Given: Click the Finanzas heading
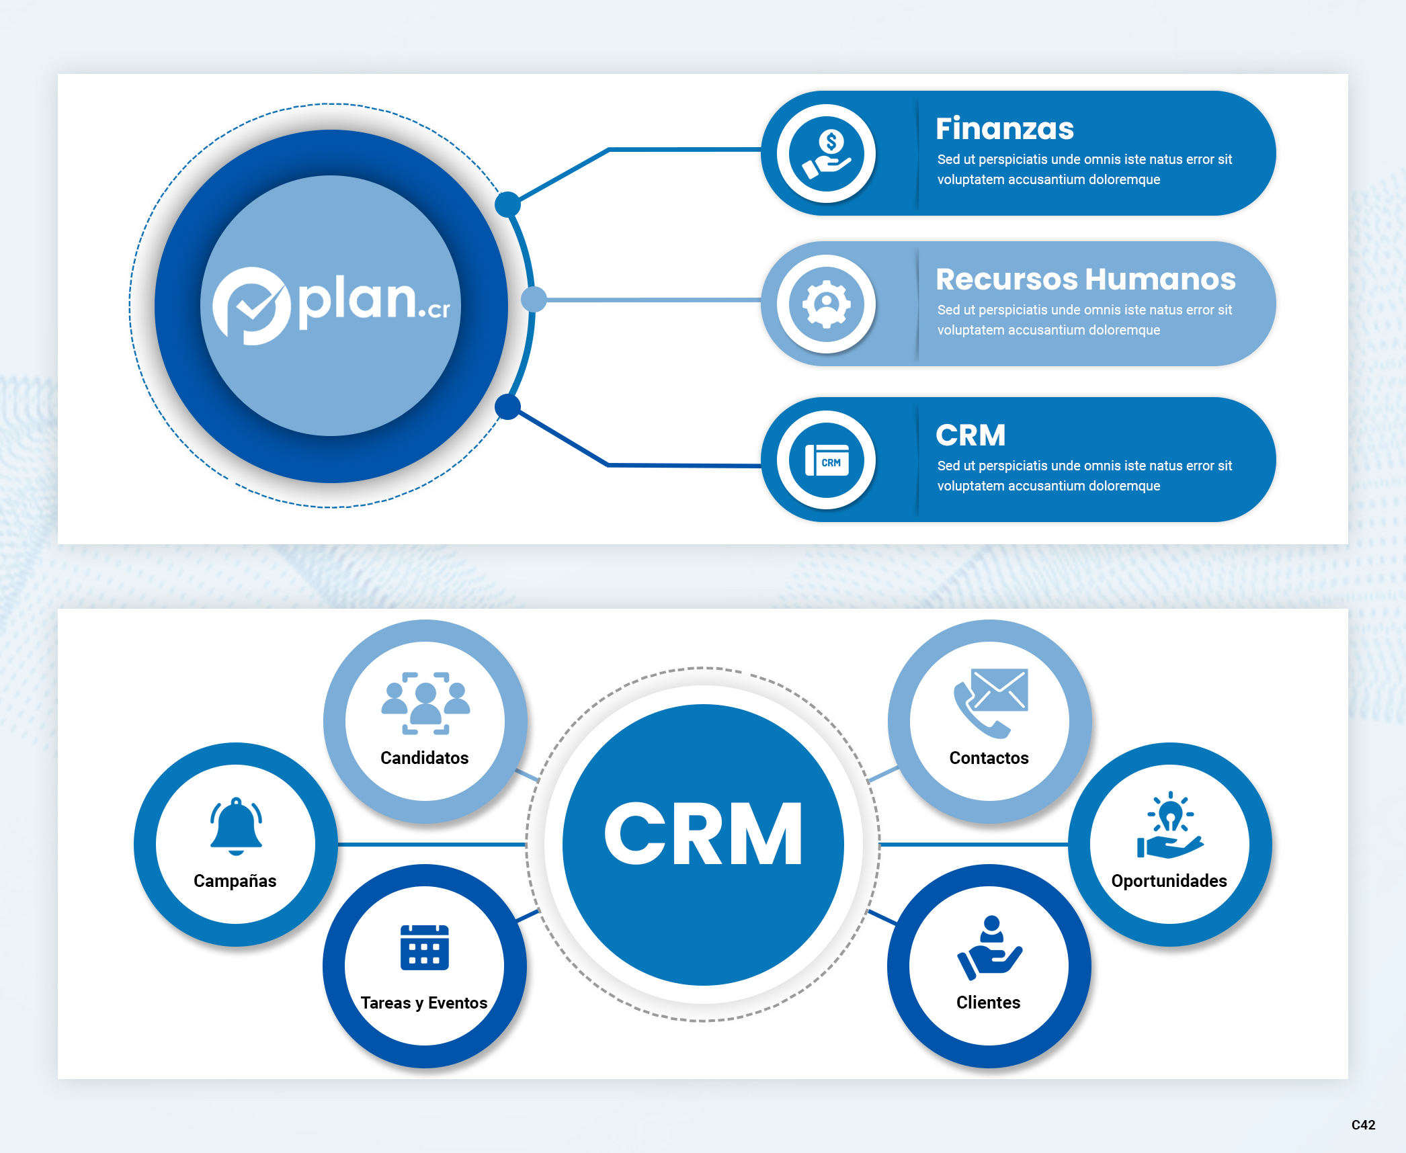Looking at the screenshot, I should pos(1004,128).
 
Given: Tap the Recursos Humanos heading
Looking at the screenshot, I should pos(1085,279).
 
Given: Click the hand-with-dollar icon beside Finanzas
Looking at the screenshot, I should pos(827,154).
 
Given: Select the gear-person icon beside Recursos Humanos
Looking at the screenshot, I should pos(827,304).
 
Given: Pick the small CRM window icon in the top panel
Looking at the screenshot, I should pos(827,460).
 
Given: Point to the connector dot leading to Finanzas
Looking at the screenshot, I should pos(507,204).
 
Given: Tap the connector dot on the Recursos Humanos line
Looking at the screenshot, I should pos(534,299).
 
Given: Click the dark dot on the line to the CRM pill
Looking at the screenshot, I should pos(507,407).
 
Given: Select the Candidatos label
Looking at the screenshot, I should pos(424,758).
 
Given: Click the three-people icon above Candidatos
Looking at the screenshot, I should pos(425,703).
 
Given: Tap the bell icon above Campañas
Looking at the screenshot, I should pos(236,826).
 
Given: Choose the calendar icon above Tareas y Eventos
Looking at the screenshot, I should pos(425,947).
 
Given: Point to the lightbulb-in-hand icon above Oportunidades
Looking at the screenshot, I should pos(1170,826).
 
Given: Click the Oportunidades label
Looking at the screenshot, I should pos(1169,881).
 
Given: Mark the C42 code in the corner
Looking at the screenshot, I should pos(1363,1125).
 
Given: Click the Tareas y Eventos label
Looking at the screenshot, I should pos(423,1002).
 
